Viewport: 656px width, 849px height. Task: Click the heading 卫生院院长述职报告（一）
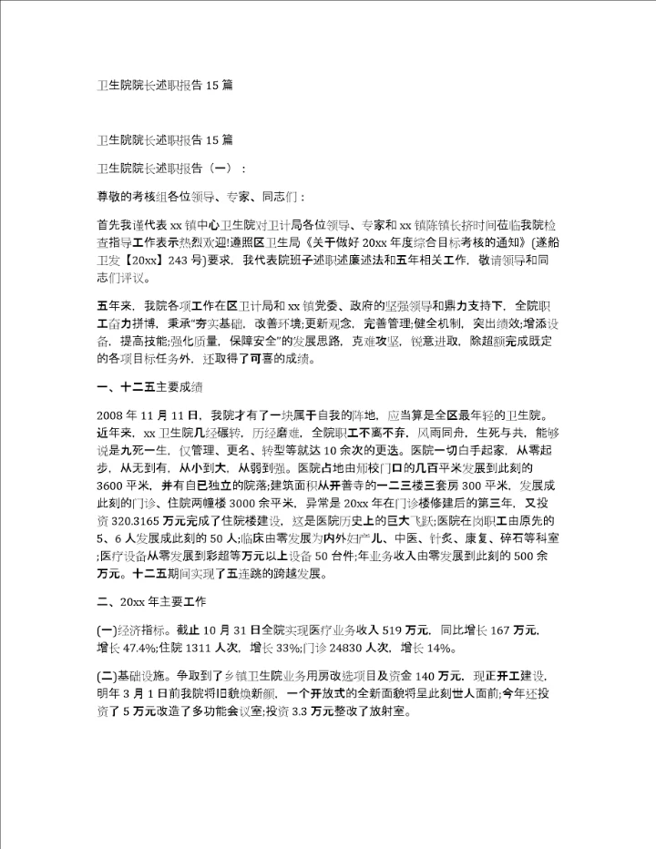click(169, 168)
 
